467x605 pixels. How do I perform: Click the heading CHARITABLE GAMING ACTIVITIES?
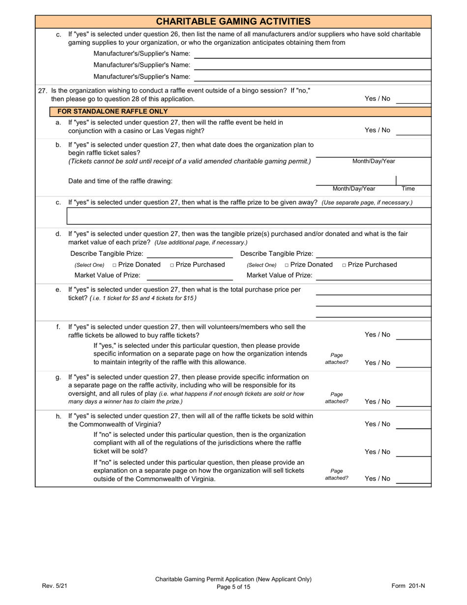point(233,21)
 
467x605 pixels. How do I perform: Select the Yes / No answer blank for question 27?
point(413,99)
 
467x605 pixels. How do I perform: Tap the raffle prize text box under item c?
point(248,215)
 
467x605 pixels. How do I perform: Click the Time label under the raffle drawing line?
point(408,189)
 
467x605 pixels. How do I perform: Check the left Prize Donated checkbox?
point(115,265)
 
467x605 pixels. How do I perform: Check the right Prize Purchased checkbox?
point(344,265)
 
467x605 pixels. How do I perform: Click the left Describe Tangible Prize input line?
point(190,254)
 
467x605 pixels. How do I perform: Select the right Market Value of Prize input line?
point(374,275)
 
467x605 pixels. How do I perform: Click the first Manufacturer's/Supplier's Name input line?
point(313,54)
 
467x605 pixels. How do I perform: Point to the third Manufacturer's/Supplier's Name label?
point(142,77)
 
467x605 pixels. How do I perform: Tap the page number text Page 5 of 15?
point(233,587)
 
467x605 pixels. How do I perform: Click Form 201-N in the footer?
point(408,586)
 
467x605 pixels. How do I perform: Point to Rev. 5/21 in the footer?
point(54,586)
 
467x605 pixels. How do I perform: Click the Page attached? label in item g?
point(337,398)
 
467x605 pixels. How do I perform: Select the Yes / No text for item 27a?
point(377,130)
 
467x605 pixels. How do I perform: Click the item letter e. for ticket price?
point(58,290)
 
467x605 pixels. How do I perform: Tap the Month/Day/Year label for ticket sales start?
point(374,161)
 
